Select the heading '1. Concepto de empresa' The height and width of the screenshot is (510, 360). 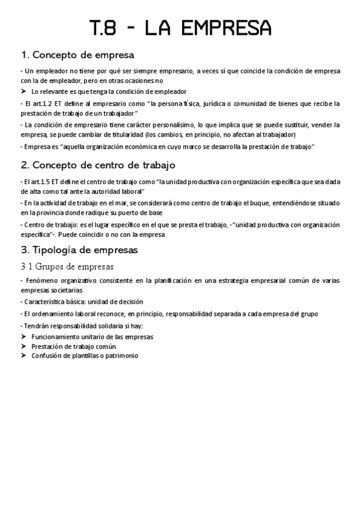tap(78, 55)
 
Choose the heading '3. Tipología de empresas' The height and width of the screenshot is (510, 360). tap(79, 249)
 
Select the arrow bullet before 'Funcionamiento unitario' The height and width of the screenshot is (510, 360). tap(23, 336)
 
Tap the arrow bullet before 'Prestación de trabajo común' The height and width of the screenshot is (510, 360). tap(23, 346)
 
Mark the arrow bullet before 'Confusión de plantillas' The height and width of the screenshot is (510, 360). tap(23, 355)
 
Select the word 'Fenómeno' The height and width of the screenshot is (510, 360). tap(41, 280)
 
